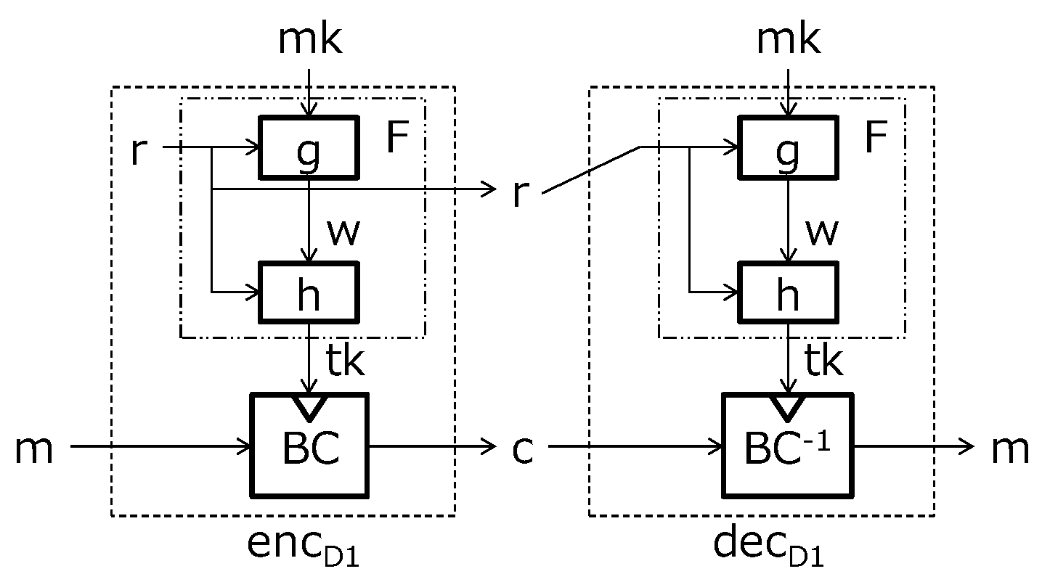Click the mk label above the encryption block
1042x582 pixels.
[310, 41]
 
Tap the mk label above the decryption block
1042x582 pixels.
[789, 41]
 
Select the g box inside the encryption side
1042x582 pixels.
[309, 147]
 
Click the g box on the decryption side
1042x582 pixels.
[788, 147]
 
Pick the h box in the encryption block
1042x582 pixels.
[309, 292]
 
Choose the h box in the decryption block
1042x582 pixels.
[788, 292]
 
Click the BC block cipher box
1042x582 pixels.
[310, 445]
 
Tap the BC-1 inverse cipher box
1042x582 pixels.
[788, 445]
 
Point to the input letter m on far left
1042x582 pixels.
[34, 450]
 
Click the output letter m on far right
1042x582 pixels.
[1010, 450]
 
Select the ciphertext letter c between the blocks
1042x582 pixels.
[522, 450]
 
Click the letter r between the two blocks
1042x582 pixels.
[518, 194]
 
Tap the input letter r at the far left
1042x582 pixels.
[137, 150]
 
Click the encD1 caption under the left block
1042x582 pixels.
[303, 548]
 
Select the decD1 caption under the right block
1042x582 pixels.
[769, 548]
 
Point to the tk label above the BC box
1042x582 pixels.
[344, 361]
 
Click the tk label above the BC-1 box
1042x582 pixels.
[823, 361]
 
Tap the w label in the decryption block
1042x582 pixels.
[822, 231]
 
